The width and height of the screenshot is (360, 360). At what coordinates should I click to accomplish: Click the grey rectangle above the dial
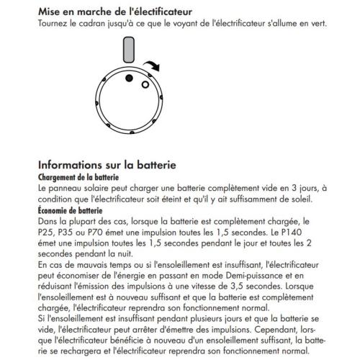click(x=130, y=51)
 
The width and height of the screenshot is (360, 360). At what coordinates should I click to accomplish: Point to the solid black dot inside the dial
click(x=129, y=78)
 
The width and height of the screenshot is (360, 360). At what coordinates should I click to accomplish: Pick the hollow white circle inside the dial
click(x=145, y=84)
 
